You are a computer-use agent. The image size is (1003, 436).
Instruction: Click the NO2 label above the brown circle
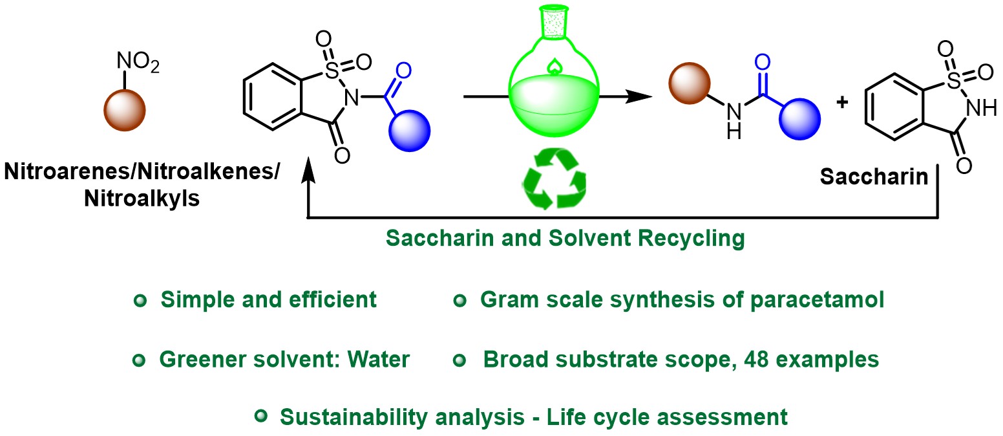coord(137,63)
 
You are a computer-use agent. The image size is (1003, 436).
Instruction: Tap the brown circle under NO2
coord(125,111)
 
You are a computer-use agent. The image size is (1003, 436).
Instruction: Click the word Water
coord(378,360)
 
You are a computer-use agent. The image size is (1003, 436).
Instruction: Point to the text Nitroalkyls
coord(142,198)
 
